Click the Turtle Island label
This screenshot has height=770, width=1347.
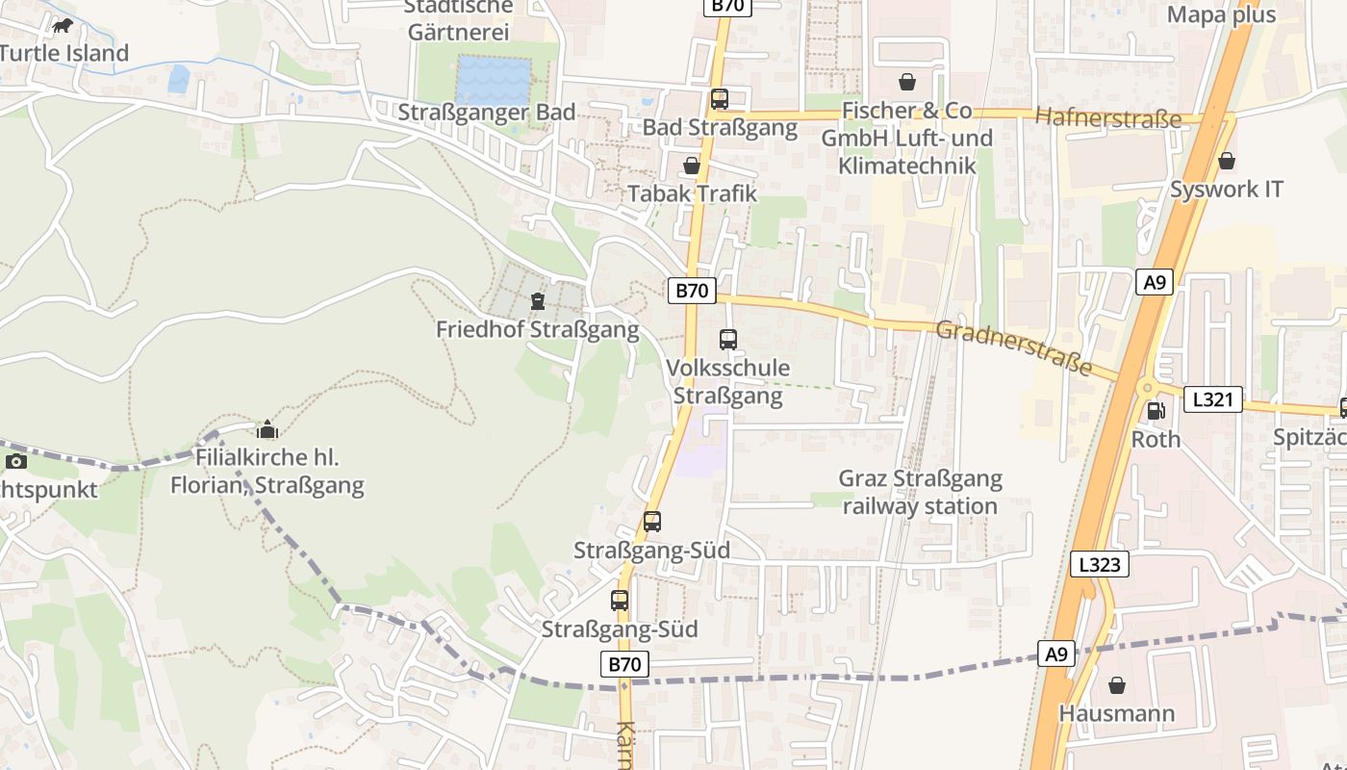(x=64, y=53)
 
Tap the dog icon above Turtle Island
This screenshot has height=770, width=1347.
(x=64, y=26)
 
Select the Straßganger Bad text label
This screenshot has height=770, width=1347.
(x=487, y=112)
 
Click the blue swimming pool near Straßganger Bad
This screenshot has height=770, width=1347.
(x=494, y=80)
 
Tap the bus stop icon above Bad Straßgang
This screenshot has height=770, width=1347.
(x=720, y=99)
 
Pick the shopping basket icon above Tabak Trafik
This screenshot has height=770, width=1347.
(x=691, y=167)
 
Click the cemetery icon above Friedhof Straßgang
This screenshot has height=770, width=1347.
(x=537, y=302)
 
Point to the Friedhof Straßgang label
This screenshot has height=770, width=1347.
(x=537, y=330)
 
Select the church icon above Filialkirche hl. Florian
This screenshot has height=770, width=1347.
(x=267, y=429)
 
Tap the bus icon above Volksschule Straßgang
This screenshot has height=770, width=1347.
(x=728, y=340)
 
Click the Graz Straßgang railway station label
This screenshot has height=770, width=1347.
(x=920, y=492)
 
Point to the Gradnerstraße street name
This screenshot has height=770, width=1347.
(x=1014, y=347)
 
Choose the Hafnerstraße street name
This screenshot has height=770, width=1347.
(x=1108, y=118)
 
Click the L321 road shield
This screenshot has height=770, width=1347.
(x=1212, y=399)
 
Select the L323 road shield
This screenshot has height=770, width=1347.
(x=1100, y=564)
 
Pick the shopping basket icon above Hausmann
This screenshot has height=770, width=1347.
(x=1117, y=686)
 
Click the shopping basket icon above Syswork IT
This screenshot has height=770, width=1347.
(x=1226, y=162)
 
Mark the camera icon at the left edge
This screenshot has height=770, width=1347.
(x=16, y=462)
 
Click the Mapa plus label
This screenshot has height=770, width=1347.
(x=1221, y=14)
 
